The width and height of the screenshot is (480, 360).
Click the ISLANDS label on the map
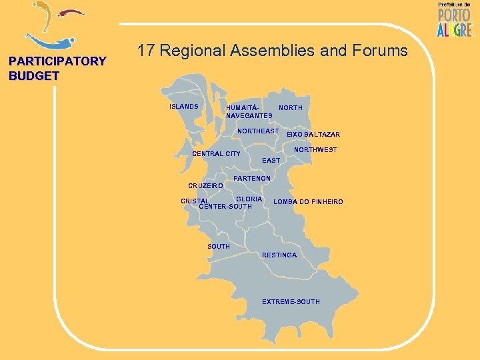184,107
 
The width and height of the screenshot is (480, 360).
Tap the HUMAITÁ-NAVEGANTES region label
249,111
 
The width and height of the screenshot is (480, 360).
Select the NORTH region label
291,108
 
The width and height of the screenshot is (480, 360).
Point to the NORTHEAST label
258,131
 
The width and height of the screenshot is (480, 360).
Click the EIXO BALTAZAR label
313,135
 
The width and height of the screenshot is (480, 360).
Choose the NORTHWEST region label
315,151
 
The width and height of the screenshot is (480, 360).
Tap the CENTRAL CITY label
216,155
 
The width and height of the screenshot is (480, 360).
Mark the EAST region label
271,161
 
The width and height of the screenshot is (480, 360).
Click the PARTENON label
252,179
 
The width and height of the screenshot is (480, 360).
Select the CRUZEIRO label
205,186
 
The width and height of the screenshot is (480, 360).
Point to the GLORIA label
249,199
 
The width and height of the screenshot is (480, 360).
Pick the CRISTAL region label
195,201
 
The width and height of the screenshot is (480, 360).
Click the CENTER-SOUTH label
227,207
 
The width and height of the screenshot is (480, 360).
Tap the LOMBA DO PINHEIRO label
308,202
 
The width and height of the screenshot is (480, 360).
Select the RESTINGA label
279,255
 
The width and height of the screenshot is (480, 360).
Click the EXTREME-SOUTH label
291,302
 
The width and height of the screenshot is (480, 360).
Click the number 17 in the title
146,50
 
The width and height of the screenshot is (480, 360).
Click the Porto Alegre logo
454,19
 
